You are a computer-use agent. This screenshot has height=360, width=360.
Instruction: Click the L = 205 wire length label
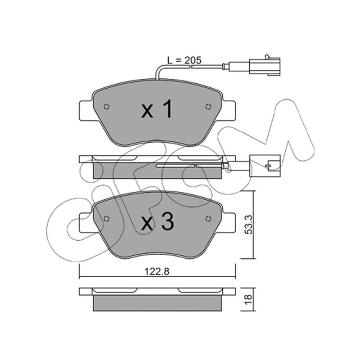pos(184,60)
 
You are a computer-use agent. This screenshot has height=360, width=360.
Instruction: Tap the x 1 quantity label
pos(157,109)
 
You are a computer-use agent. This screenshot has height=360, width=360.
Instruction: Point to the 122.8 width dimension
pos(157,272)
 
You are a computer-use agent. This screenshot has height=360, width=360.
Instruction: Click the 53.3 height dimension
pos(249,224)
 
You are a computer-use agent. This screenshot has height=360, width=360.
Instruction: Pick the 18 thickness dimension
pos(249,300)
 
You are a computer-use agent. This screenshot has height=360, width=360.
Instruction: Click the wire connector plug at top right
pos(265,66)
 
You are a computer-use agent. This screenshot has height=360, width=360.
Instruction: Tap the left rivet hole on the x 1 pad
pos(106,107)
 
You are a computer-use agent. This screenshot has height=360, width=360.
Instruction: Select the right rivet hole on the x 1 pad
pos(208,107)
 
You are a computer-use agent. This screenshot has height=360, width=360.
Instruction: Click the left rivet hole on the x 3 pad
pos(106,219)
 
